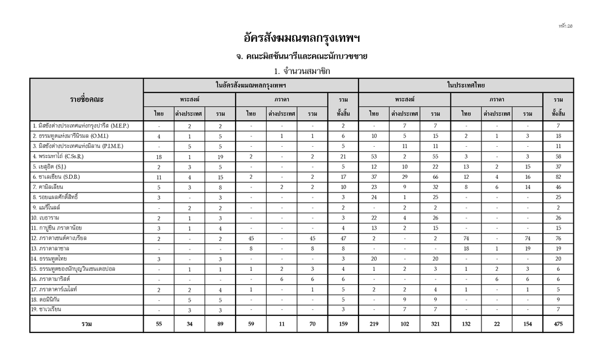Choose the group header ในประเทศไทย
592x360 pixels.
point(466,85)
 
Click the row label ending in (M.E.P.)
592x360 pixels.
point(81,125)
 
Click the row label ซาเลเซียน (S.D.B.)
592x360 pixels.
point(56,177)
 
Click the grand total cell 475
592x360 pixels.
point(558,324)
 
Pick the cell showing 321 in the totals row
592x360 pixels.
point(435,324)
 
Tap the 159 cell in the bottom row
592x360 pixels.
point(343,324)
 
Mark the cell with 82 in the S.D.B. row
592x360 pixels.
point(558,177)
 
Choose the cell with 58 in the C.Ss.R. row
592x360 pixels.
point(558,156)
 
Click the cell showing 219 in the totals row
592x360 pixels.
point(374,324)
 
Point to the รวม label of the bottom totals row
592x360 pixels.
point(87,324)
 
